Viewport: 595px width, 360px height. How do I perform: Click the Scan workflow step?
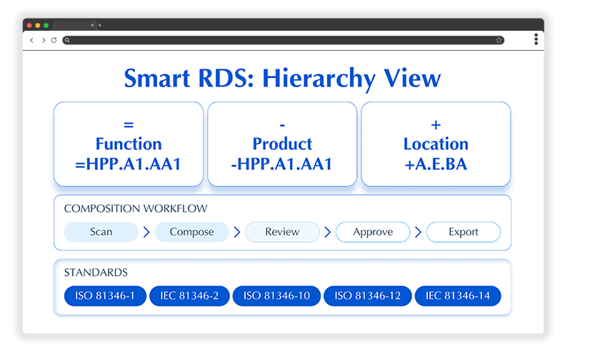tap(101, 232)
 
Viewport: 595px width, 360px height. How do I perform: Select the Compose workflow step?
tap(191, 232)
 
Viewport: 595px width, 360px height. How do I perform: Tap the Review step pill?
tap(282, 232)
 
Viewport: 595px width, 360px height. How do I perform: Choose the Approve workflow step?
tap(373, 232)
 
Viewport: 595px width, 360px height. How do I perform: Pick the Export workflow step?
tap(464, 232)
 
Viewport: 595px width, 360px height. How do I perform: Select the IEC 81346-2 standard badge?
tap(189, 296)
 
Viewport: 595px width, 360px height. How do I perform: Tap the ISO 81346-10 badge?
tap(276, 296)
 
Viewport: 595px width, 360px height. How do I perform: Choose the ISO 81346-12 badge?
tap(368, 296)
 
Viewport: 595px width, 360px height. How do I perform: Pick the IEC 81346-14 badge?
tap(458, 296)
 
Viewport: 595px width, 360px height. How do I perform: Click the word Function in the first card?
tap(129, 144)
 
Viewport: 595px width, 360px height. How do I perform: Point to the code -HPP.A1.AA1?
tap(281, 164)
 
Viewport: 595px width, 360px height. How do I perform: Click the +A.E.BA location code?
tap(436, 164)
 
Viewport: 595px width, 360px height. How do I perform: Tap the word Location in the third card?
tap(436, 144)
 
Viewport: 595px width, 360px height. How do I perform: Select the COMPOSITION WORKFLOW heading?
tap(136, 209)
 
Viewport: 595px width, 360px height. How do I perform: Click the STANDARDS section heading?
tap(96, 272)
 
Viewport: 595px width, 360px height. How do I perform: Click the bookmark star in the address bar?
tap(499, 40)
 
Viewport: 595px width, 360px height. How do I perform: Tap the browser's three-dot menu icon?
tap(536, 39)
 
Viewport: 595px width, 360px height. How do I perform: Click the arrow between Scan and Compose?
tap(146, 232)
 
